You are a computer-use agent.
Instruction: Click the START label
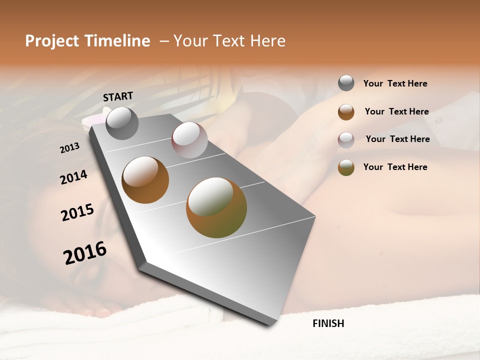[x=118, y=96]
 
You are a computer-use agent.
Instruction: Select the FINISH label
[x=328, y=323]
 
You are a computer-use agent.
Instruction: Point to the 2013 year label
[x=69, y=148]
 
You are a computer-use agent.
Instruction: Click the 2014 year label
[x=73, y=177]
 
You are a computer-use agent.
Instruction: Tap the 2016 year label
[x=85, y=253]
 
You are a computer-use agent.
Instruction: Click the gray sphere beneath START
[x=122, y=123]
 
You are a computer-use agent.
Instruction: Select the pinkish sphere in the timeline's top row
[x=189, y=140]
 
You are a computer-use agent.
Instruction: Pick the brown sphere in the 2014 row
[x=145, y=180]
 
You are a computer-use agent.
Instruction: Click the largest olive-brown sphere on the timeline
[x=216, y=207]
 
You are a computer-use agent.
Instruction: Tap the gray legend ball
[x=346, y=83]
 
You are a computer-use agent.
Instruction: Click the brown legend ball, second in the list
[x=346, y=112]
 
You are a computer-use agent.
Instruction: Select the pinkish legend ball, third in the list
[x=346, y=140]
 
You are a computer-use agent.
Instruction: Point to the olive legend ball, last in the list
[x=346, y=167]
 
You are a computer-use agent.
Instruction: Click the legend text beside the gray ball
[x=395, y=83]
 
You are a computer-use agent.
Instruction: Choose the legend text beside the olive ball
[x=395, y=167]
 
